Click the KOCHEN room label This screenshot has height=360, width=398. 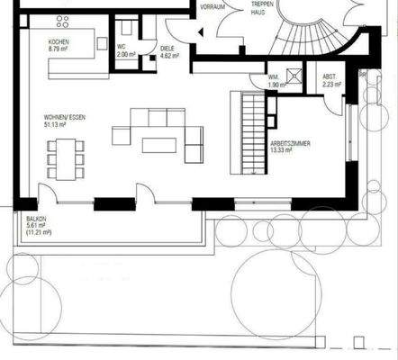(x=61, y=41)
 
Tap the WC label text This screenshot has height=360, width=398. (x=122, y=45)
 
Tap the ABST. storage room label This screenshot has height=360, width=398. (x=330, y=78)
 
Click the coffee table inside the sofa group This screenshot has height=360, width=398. (x=160, y=144)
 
